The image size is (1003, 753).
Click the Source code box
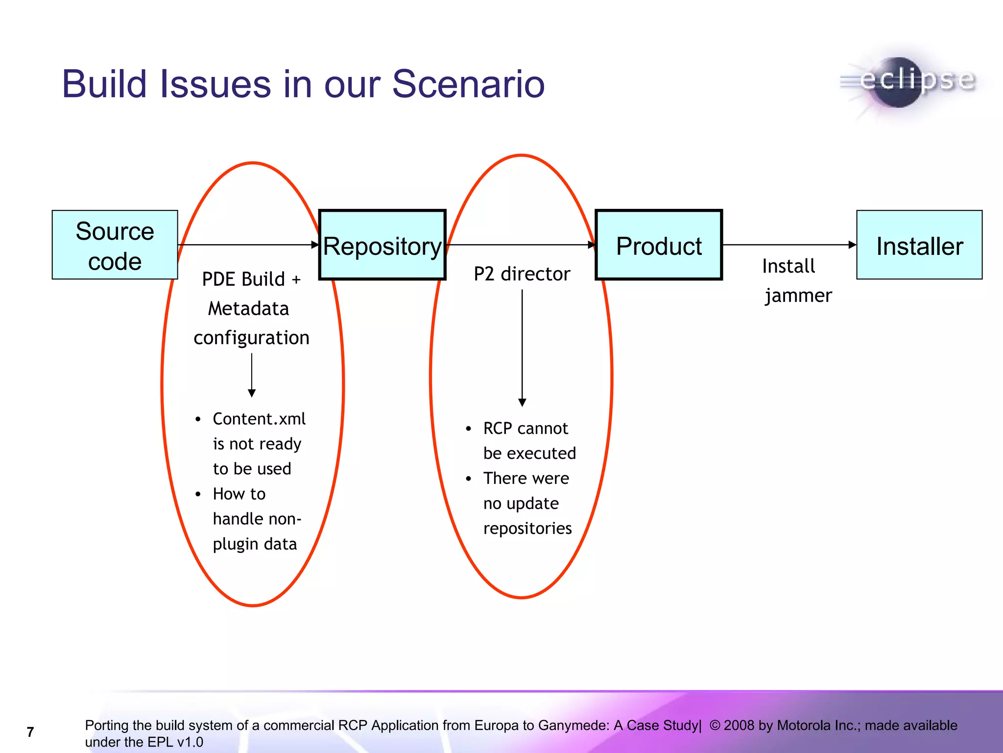click(x=115, y=245)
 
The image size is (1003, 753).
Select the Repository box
click(x=382, y=245)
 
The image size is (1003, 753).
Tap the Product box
click(x=659, y=245)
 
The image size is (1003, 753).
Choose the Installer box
click(x=919, y=245)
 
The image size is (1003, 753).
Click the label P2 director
click(x=522, y=274)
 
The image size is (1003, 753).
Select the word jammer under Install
click(x=798, y=296)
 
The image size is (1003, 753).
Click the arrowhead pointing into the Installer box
click(x=853, y=245)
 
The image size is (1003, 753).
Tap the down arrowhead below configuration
click(x=252, y=393)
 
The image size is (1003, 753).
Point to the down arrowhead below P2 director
click(x=522, y=402)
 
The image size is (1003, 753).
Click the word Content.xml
click(x=259, y=419)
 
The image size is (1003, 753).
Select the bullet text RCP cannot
click(x=525, y=428)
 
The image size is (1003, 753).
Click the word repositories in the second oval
click(x=527, y=528)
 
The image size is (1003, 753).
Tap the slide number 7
click(x=30, y=732)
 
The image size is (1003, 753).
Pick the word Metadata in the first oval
click(x=248, y=309)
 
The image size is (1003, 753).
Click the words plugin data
click(x=255, y=544)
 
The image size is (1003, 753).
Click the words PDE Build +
click(x=251, y=279)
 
